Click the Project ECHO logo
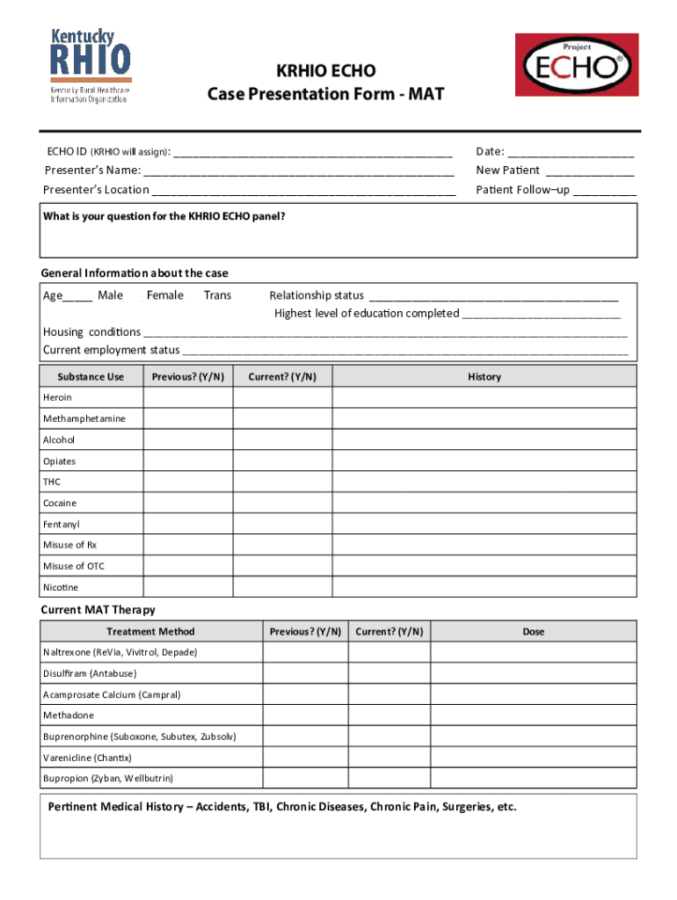[x=576, y=65]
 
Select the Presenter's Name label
[x=92, y=170]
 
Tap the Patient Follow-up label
[x=522, y=190]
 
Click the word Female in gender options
[x=165, y=295]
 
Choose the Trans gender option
[x=217, y=295]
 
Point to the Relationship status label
[x=317, y=295]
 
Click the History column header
[x=484, y=377]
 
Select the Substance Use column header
[x=91, y=377]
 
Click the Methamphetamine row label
[x=84, y=419]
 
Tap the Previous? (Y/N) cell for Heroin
[x=187, y=398]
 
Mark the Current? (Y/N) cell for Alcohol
[x=282, y=440]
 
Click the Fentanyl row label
[x=62, y=525]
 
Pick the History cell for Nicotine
[x=484, y=587]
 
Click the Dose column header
[x=533, y=632]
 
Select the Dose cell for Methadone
[x=533, y=715]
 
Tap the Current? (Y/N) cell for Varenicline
[x=389, y=758]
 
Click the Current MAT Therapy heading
[x=98, y=610]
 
